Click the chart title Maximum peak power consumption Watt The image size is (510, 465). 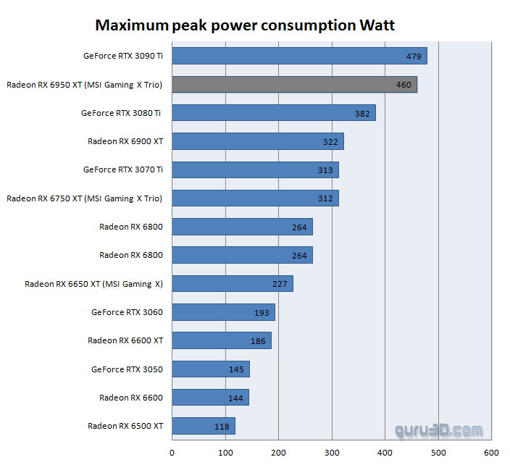(x=245, y=26)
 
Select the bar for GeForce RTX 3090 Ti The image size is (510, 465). (x=299, y=56)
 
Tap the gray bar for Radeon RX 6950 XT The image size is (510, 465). (x=294, y=85)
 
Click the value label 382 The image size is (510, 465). (x=362, y=114)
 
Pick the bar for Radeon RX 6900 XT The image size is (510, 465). (x=257, y=141)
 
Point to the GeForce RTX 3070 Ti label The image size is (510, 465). (x=122, y=169)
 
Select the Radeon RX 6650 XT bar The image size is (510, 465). (x=233, y=283)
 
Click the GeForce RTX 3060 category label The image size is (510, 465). (x=127, y=312)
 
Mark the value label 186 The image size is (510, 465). (x=258, y=340)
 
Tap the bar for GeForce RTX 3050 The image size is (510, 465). (x=211, y=369)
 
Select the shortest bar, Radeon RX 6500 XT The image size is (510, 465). (x=204, y=426)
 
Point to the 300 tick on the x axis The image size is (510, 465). (x=332, y=453)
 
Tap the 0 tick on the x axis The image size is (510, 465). (x=172, y=453)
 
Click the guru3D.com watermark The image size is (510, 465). (x=438, y=430)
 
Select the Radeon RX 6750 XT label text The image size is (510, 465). (x=84, y=198)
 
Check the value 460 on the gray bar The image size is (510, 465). (x=404, y=85)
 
